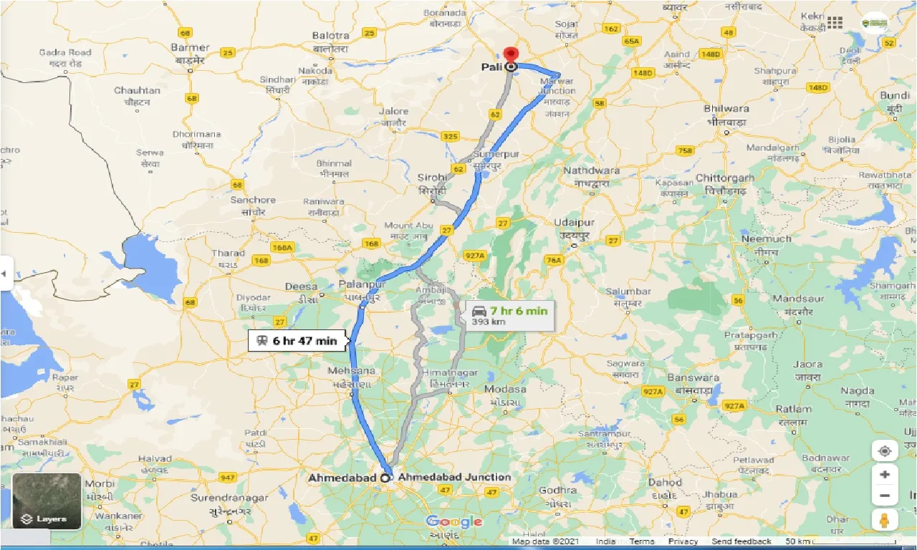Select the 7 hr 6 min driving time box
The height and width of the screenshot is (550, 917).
(509, 315)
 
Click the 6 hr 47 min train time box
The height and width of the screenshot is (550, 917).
(297, 341)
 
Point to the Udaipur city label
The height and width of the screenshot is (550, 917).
(574, 223)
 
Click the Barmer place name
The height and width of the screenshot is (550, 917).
(191, 47)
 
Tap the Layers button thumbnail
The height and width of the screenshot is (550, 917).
(47, 501)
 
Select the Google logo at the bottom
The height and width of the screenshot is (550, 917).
(454, 522)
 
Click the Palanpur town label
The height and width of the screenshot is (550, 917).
(363, 284)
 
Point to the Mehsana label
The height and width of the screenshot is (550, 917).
(351, 371)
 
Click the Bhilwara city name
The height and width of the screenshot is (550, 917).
(726, 109)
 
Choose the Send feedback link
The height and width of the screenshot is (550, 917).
(741, 541)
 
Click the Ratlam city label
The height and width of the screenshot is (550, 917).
(793, 409)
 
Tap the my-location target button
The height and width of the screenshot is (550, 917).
(885, 451)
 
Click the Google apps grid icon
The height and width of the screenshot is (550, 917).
(835, 22)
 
